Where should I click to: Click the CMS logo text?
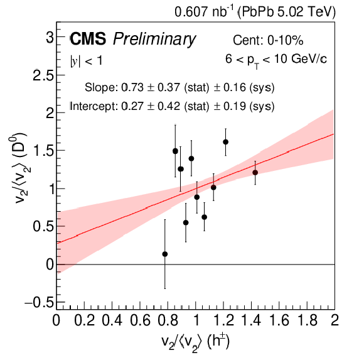88,38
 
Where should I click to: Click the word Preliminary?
154,40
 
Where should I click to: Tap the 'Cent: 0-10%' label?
268,40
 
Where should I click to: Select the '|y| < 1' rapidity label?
87,61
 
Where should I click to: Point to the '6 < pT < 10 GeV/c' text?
276,60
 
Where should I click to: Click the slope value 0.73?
132,87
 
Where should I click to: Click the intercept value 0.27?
132,106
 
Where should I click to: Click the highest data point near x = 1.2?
226,142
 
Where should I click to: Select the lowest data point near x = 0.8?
165,254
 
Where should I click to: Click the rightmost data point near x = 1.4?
255,172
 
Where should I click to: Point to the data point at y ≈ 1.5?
175,151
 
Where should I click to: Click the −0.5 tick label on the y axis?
39,302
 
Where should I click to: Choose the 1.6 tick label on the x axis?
279,320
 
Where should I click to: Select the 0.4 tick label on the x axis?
112,320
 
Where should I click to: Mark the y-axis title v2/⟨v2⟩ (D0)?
19,168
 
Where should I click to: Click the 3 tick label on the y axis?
50,37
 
